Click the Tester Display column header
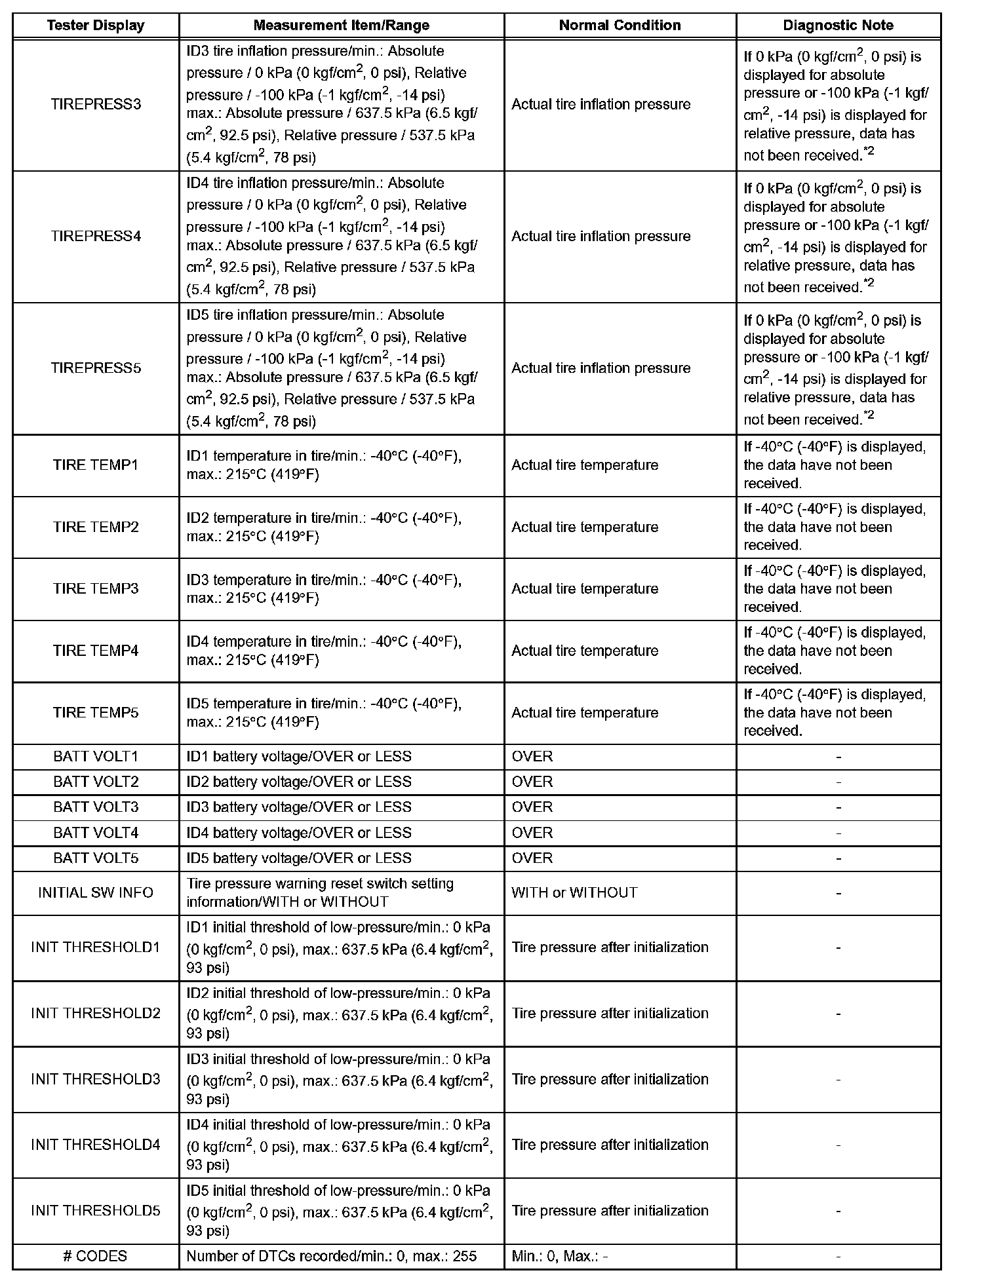tap(96, 26)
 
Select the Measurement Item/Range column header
tap(341, 26)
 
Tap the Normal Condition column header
tap(620, 26)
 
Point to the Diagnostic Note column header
tap(838, 26)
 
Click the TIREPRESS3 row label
tap(96, 104)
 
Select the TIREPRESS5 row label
tap(96, 368)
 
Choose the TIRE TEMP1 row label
tap(96, 465)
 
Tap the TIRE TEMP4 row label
tap(96, 651)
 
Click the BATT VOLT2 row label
tap(96, 782)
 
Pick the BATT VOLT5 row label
tap(96, 858)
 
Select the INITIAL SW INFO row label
tap(96, 892)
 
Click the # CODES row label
tap(96, 1256)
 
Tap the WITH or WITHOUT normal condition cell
tap(574, 892)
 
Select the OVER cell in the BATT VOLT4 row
tap(532, 833)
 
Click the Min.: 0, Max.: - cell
tap(559, 1256)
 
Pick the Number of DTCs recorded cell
tap(331, 1256)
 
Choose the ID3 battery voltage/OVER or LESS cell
tap(299, 807)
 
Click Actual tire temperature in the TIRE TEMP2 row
tap(585, 527)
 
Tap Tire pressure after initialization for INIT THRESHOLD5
tap(610, 1210)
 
